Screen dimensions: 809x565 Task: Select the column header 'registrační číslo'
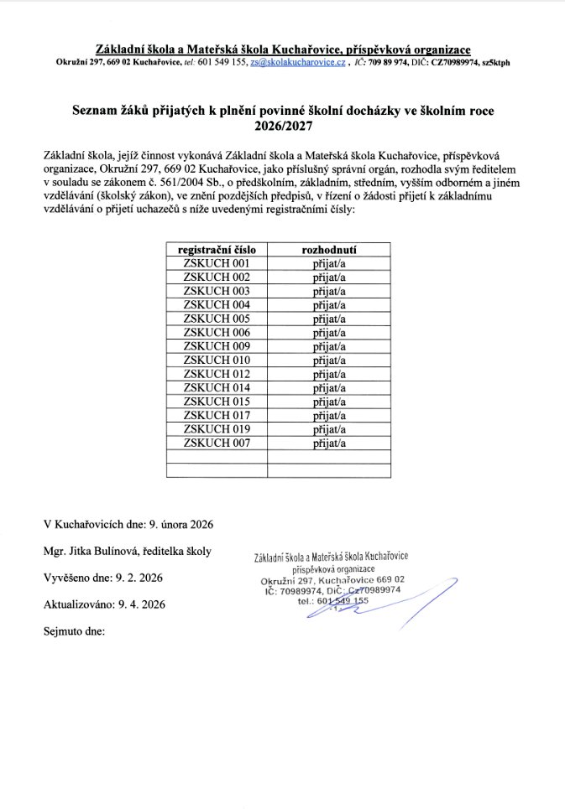click(217, 250)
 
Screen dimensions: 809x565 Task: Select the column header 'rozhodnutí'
click(330, 250)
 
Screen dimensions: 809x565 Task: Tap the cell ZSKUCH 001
click(217, 263)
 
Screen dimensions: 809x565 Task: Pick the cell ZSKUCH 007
click(217, 443)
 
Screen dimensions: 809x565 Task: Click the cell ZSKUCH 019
click(217, 429)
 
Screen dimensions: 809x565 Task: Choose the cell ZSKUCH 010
click(217, 360)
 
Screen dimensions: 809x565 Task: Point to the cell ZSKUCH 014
click(217, 387)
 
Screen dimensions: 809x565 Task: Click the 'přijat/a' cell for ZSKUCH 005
click(330, 319)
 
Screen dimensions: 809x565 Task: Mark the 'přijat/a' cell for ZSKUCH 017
click(330, 415)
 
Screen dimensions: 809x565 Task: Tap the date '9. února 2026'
click(180, 525)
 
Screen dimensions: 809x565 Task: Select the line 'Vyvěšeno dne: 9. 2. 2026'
click(103, 578)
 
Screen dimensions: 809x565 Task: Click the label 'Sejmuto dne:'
click(74, 630)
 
